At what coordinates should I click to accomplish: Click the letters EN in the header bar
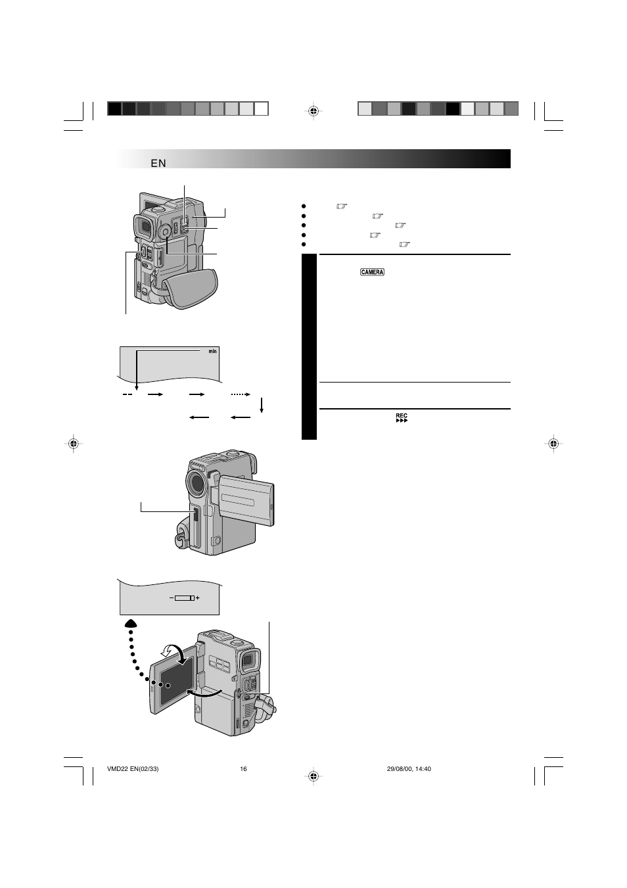coord(158,163)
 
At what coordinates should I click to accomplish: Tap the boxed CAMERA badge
coord(372,272)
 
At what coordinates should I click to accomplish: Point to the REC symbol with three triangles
coord(402,417)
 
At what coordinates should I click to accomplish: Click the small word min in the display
coord(213,351)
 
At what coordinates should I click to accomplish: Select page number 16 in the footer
coord(243,768)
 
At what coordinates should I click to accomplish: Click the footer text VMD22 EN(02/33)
coord(133,768)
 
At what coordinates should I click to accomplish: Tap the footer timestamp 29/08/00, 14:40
coord(409,768)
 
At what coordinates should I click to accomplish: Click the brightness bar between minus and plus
coord(184,598)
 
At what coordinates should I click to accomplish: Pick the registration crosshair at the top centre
coord(313,111)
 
